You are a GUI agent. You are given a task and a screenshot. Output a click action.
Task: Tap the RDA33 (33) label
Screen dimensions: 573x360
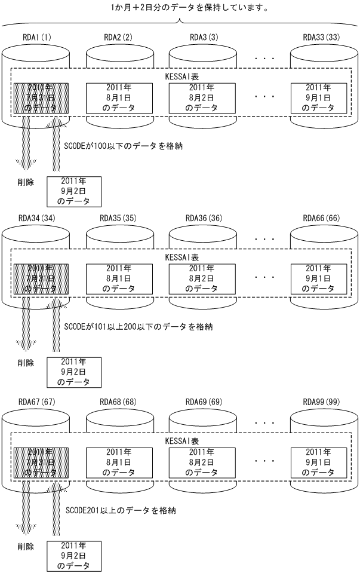321,36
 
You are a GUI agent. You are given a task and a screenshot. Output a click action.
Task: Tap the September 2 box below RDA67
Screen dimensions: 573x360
74,556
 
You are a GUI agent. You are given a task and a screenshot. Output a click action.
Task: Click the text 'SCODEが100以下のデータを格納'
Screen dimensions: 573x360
122,145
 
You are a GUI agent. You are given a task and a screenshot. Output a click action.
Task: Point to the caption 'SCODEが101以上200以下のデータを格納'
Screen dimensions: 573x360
138,327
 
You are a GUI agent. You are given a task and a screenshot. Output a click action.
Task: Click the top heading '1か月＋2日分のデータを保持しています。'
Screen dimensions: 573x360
180,8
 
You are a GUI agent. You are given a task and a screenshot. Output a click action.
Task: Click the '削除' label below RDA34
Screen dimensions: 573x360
26,362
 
